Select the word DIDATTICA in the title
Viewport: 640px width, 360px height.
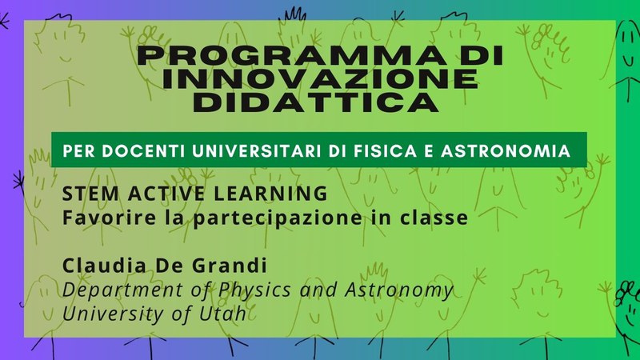316,102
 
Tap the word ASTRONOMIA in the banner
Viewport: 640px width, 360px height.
506,151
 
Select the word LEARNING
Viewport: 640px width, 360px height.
270,193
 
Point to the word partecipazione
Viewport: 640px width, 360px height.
278,218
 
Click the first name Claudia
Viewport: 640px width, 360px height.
105,266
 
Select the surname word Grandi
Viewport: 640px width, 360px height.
230,266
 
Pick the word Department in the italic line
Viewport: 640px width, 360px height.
123,290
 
